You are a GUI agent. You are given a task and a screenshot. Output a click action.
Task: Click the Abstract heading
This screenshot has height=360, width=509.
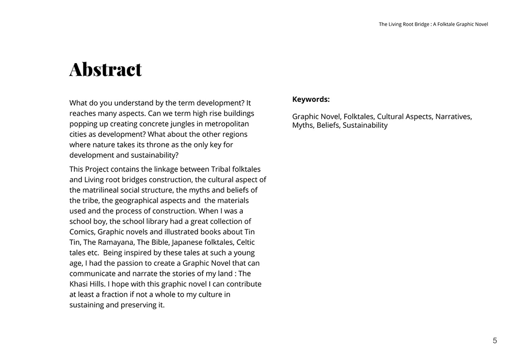coord(105,69)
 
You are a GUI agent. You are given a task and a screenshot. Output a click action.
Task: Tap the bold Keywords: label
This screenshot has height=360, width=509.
coord(311,100)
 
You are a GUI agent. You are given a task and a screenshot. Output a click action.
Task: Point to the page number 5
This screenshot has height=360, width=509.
coord(495,341)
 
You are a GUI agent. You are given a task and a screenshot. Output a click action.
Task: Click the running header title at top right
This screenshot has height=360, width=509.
coord(433,24)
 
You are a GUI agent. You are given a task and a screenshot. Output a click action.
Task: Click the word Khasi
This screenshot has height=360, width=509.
coord(79,284)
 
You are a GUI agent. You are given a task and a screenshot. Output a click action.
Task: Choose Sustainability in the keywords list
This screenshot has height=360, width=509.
coord(365,125)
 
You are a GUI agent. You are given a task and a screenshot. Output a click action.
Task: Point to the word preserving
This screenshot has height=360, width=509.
coord(137,305)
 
